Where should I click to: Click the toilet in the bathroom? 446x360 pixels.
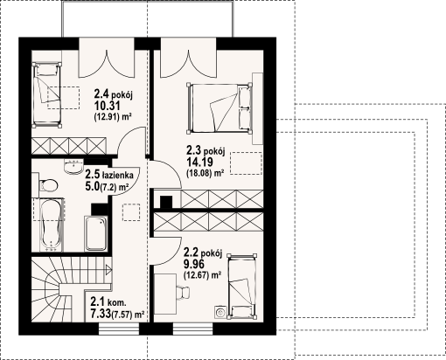(48, 185)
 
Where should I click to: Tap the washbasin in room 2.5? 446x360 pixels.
(73, 167)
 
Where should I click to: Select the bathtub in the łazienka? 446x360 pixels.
(52, 225)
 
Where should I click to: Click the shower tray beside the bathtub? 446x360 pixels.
(96, 233)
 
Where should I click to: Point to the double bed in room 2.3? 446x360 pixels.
(220, 107)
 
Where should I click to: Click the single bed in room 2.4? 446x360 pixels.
(47, 95)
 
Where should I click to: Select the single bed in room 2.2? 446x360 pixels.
(242, 286)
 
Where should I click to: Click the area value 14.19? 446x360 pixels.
(199, 162)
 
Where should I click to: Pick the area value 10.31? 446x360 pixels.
(107, 106)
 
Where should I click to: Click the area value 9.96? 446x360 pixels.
(193, 264)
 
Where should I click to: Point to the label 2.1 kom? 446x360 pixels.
(108, 301)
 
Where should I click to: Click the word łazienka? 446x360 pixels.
(117, 175)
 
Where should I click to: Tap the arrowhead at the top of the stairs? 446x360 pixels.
(109, 270)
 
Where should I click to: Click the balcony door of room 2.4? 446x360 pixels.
(107, 58)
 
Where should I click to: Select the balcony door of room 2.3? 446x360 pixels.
(188, 58)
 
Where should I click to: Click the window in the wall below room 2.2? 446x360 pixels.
(192, 329)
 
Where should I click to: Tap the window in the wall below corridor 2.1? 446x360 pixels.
(119, 329)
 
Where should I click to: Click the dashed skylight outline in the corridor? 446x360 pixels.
(131, 212)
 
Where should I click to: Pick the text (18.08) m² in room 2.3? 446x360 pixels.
(205, 173)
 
